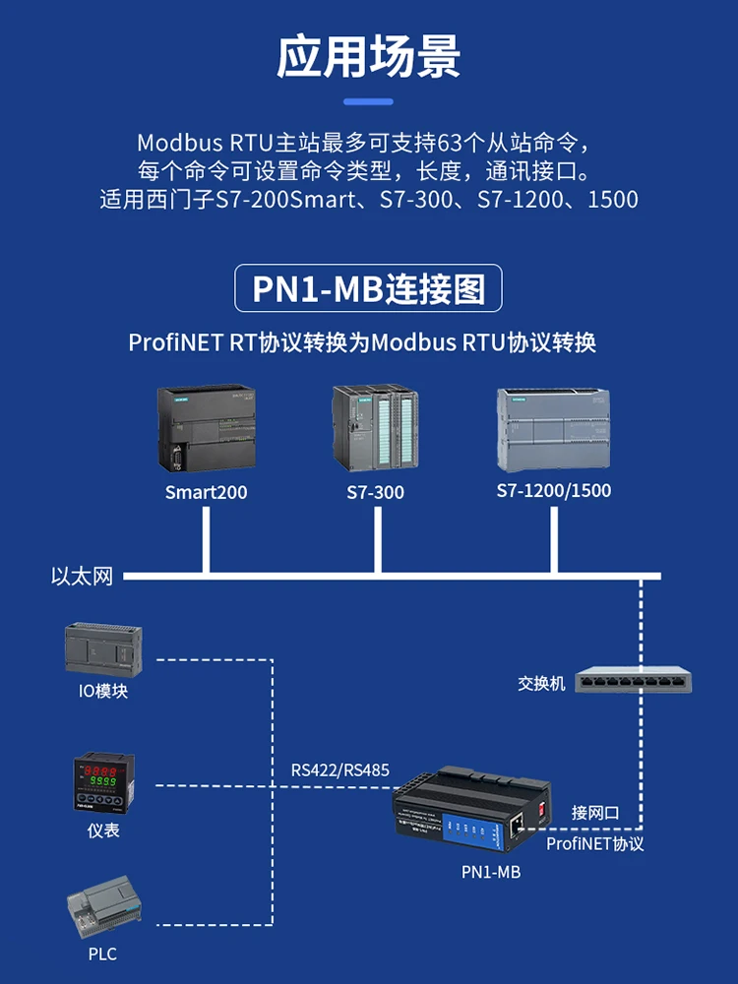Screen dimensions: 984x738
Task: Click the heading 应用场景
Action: pos(368,56)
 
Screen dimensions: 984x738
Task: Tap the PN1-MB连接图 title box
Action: pos(368,289)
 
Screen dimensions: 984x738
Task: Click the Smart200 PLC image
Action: pos(207,428)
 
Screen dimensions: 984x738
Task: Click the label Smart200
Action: pos(207,492)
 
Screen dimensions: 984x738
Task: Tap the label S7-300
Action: pos(375,492)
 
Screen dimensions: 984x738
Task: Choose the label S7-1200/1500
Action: pos(554,490)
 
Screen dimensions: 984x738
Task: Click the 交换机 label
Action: pos(542,683)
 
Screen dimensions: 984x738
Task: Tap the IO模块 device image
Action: pos(103,648)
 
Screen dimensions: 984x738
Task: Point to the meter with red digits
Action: pos(103,783)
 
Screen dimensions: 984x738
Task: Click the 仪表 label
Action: pos(103,830)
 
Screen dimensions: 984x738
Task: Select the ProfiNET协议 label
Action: pos(594,843)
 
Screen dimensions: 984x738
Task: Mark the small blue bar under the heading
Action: pos(368,101)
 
